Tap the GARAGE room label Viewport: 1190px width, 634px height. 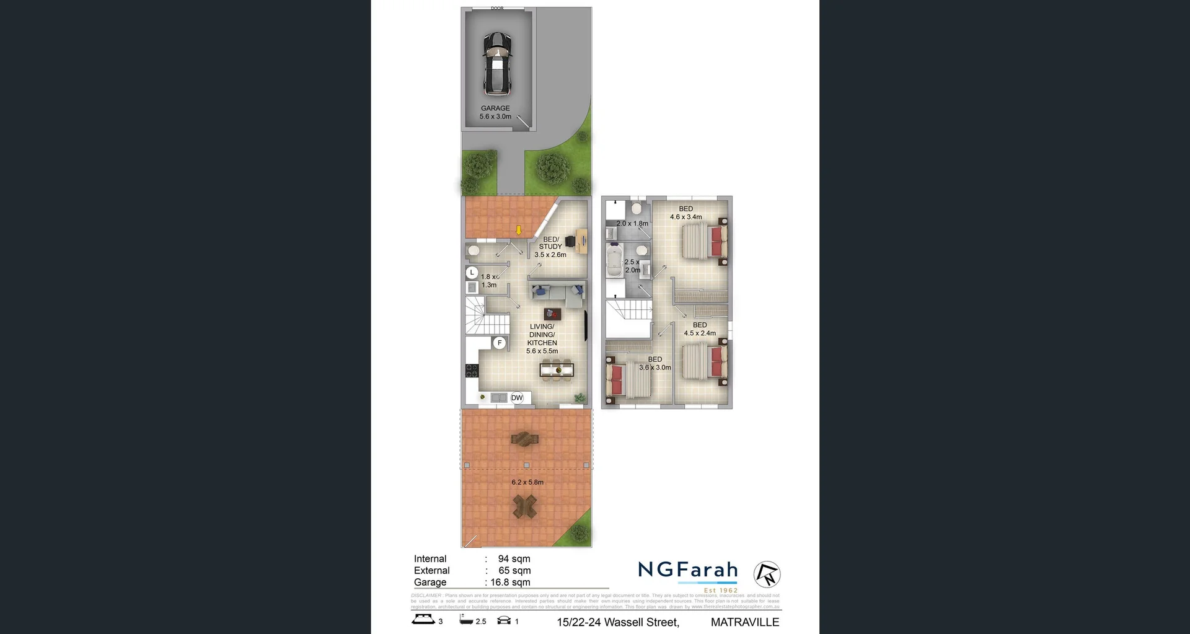[495, 108]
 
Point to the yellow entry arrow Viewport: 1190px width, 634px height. [519, 231]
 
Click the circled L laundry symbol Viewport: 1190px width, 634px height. [472, 272]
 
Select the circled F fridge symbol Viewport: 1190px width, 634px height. [500, 343]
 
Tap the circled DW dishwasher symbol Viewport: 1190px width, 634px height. [517, 398]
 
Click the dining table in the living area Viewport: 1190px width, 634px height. [557, 371]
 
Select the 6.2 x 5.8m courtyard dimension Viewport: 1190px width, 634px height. [527, 482]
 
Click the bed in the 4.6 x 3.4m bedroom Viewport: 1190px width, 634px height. [704, 240]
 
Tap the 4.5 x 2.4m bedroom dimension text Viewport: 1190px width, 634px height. [700, 333]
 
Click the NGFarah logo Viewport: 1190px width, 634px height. [688, 570]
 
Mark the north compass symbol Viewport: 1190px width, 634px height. [767, 574]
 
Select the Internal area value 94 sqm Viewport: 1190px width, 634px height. [514, 559]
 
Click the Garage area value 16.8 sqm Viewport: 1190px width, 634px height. [510, 583]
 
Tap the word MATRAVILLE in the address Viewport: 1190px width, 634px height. [744, 622]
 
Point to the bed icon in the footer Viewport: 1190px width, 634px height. [423, 619]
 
